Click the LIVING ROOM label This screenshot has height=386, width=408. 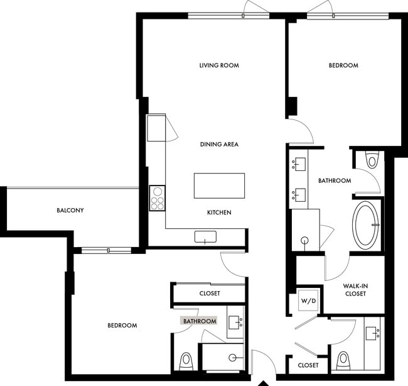coord(219,65)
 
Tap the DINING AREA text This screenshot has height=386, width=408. coord(219,145)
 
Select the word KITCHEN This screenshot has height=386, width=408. coord(219,212)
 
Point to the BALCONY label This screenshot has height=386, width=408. coord(70,211)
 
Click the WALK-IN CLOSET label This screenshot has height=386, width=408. coord(355,289)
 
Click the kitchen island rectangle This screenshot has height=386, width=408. coord(219,185)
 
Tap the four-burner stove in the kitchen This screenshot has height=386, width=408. coord(157,198)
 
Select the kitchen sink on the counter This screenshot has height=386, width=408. coord(205,236)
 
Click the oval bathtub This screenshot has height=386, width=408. coord(366,224)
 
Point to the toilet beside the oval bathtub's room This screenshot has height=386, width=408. coord(372,161)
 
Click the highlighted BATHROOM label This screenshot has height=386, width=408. coord(200,321)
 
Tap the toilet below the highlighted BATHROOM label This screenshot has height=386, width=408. coord(186,361)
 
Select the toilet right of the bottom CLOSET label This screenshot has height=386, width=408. coord(343,361)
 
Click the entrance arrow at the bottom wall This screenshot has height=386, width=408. coord(264,382)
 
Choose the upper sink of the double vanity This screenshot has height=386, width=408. coord(298,165)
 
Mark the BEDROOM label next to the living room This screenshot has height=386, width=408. coord(343,65)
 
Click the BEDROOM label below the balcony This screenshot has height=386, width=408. coord(122,326)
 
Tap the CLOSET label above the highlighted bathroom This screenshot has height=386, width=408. coord(209,293)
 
